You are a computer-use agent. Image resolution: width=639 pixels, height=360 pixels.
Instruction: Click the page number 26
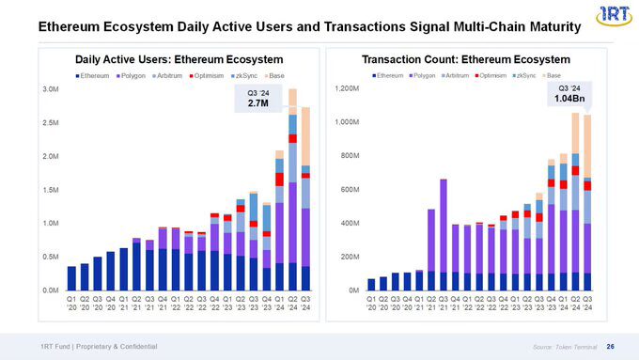point(611,346)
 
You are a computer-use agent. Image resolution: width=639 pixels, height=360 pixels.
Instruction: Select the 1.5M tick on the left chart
point(40,190)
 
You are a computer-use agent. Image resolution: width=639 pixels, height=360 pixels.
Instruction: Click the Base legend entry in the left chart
point(279,75)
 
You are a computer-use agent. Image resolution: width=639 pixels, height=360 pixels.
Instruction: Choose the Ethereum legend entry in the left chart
point(94,75)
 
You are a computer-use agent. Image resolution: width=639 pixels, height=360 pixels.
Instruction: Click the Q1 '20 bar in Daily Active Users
point(71,278)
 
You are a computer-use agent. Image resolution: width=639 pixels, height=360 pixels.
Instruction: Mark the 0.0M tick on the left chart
point(40,290)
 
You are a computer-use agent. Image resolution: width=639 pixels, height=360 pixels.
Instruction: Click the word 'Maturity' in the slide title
point(545,28)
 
